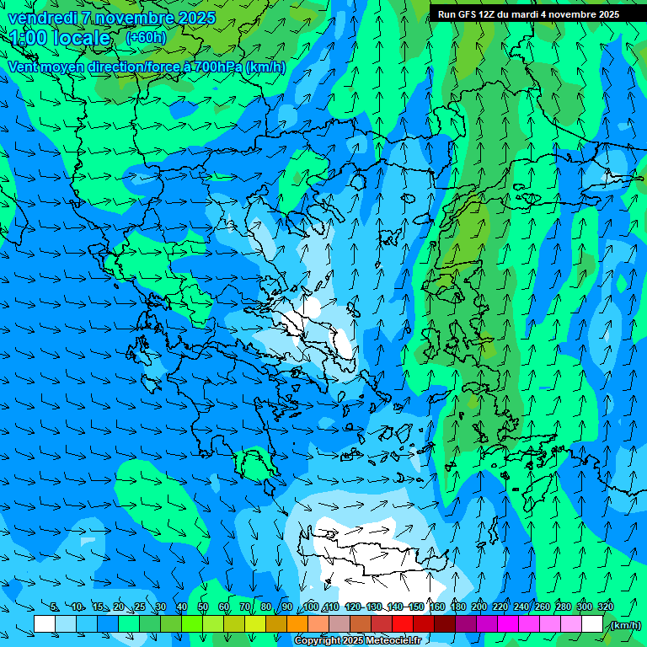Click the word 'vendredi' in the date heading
(x=41, y=18)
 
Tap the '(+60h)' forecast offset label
(x=146, y=38)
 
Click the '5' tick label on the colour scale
(x=55, y=607)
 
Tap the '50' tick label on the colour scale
(x=203, y=607)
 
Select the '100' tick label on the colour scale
(x=311, y=607)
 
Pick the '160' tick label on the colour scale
(x=437, y=607)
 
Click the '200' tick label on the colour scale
(x=479, y=607)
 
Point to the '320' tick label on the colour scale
(x=606, y=607)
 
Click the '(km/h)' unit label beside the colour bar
(x=624, y=624)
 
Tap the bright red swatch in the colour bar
(x=403, y=623)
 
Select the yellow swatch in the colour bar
(x=255, y=623)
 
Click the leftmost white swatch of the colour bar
(x=45, y=623)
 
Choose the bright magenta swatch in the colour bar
(x=508, y=623)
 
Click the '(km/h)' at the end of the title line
(x=265, y=67)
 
